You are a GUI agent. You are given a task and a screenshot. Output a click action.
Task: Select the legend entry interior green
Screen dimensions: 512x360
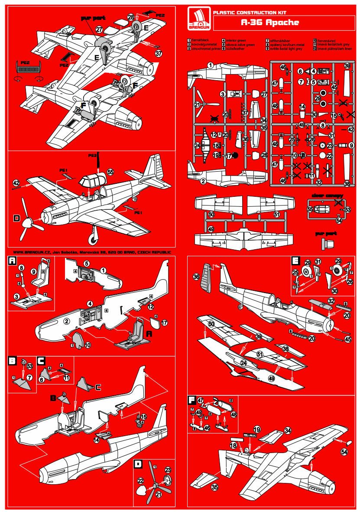pyautogui.click(x=236, y=40)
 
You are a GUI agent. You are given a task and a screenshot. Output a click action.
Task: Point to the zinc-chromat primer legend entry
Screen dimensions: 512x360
pyautogui.click(x=203, y=49)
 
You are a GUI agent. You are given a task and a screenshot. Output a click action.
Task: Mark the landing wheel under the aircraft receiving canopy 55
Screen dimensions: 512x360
pyautogui.click(x=92, y=238)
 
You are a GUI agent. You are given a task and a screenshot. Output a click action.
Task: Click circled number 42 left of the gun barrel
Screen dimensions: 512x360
pyautogui.click(x=16, y=183)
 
